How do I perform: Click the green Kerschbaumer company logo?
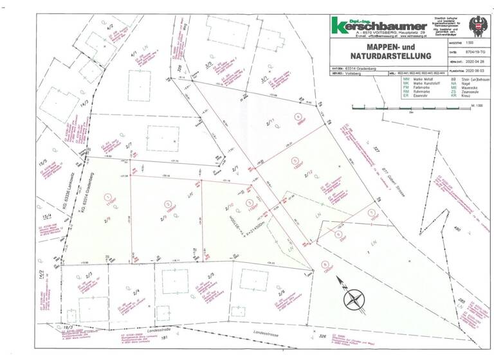click(374, 25)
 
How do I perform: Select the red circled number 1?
click(108, 195)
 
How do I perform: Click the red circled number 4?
click(297, 117)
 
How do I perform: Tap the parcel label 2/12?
click(308, 174)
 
